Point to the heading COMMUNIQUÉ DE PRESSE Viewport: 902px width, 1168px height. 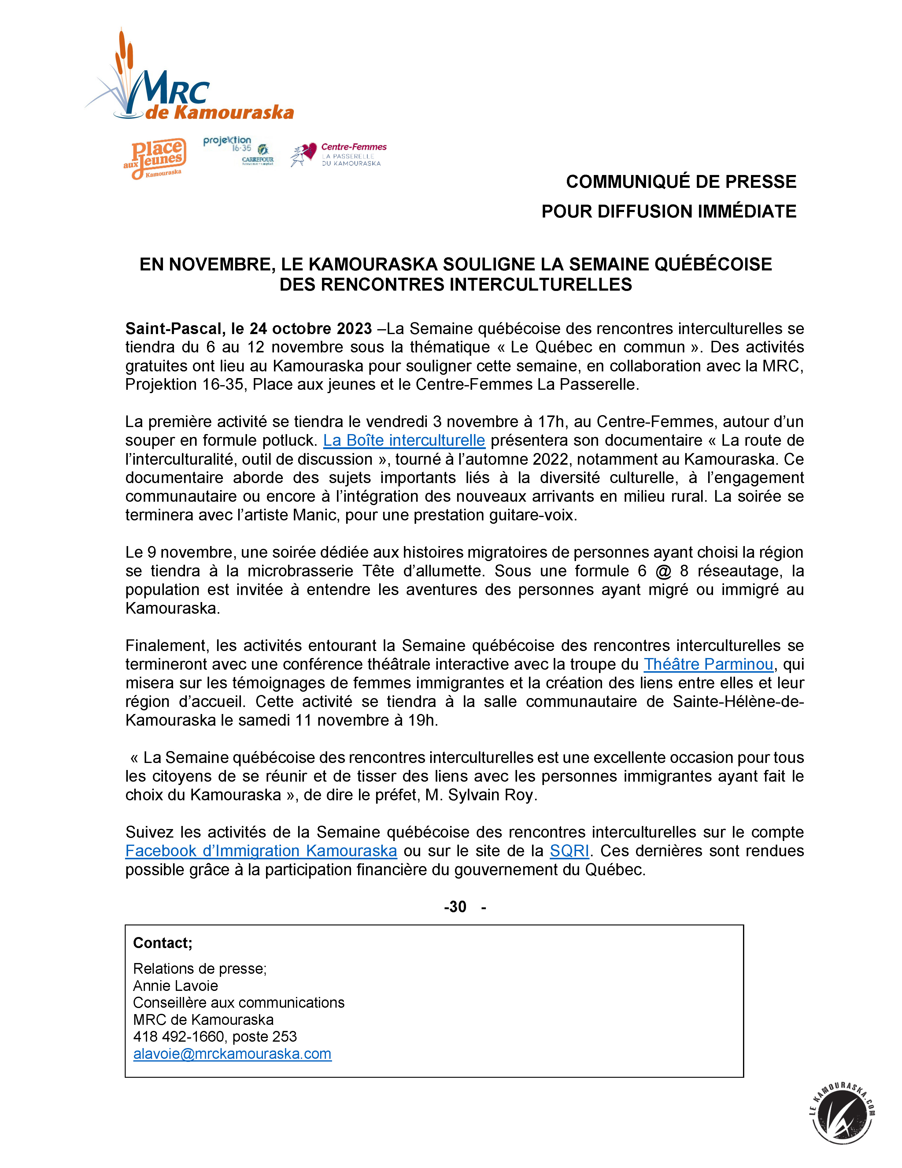coord(681,182)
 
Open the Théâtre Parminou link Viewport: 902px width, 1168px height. coord(708,664)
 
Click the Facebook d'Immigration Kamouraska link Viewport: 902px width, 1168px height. coord(261,851)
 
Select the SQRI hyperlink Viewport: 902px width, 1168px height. coord(569,851)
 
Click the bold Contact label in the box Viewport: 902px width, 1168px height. coord(162,943)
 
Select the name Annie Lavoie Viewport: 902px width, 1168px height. coord(176,986)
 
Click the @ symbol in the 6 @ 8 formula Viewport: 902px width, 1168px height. coord(663,571)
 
